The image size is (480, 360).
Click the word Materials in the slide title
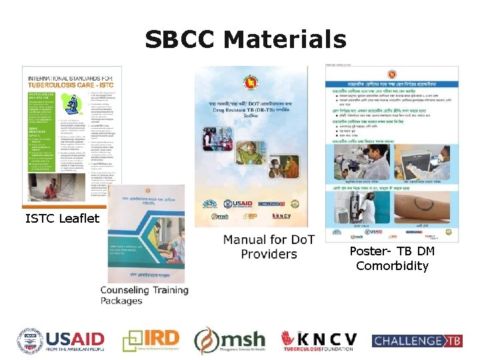click(x=285, y=39)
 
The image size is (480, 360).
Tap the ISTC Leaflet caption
click(x=62, y=218)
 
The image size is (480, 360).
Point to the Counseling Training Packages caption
click(x=144, y=295)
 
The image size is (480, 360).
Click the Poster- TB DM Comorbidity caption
click(x=391, y=259)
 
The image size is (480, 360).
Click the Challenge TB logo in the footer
click(x=417, y=341)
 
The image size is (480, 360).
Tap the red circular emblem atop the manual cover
click(x=251, y=79)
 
